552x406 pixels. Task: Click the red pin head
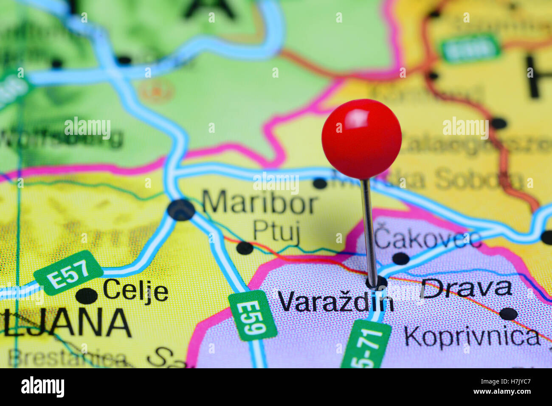pos(361,139)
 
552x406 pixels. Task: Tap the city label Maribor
pos(260,203)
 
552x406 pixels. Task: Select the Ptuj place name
pos(276,232)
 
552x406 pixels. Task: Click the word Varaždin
pos(335,302)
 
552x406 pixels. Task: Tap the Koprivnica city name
pos(472,336)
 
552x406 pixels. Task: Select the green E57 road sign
pos(68,272)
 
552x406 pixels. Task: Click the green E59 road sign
pos(252,315)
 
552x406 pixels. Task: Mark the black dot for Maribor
pos(181,210)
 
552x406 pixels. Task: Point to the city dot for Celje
pos(87,295)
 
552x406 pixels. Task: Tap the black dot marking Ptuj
pos(245,248)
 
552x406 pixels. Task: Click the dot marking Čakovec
pos(401,258)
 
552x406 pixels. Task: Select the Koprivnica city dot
pos(508,314)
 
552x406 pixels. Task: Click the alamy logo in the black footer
pos(42,387)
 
